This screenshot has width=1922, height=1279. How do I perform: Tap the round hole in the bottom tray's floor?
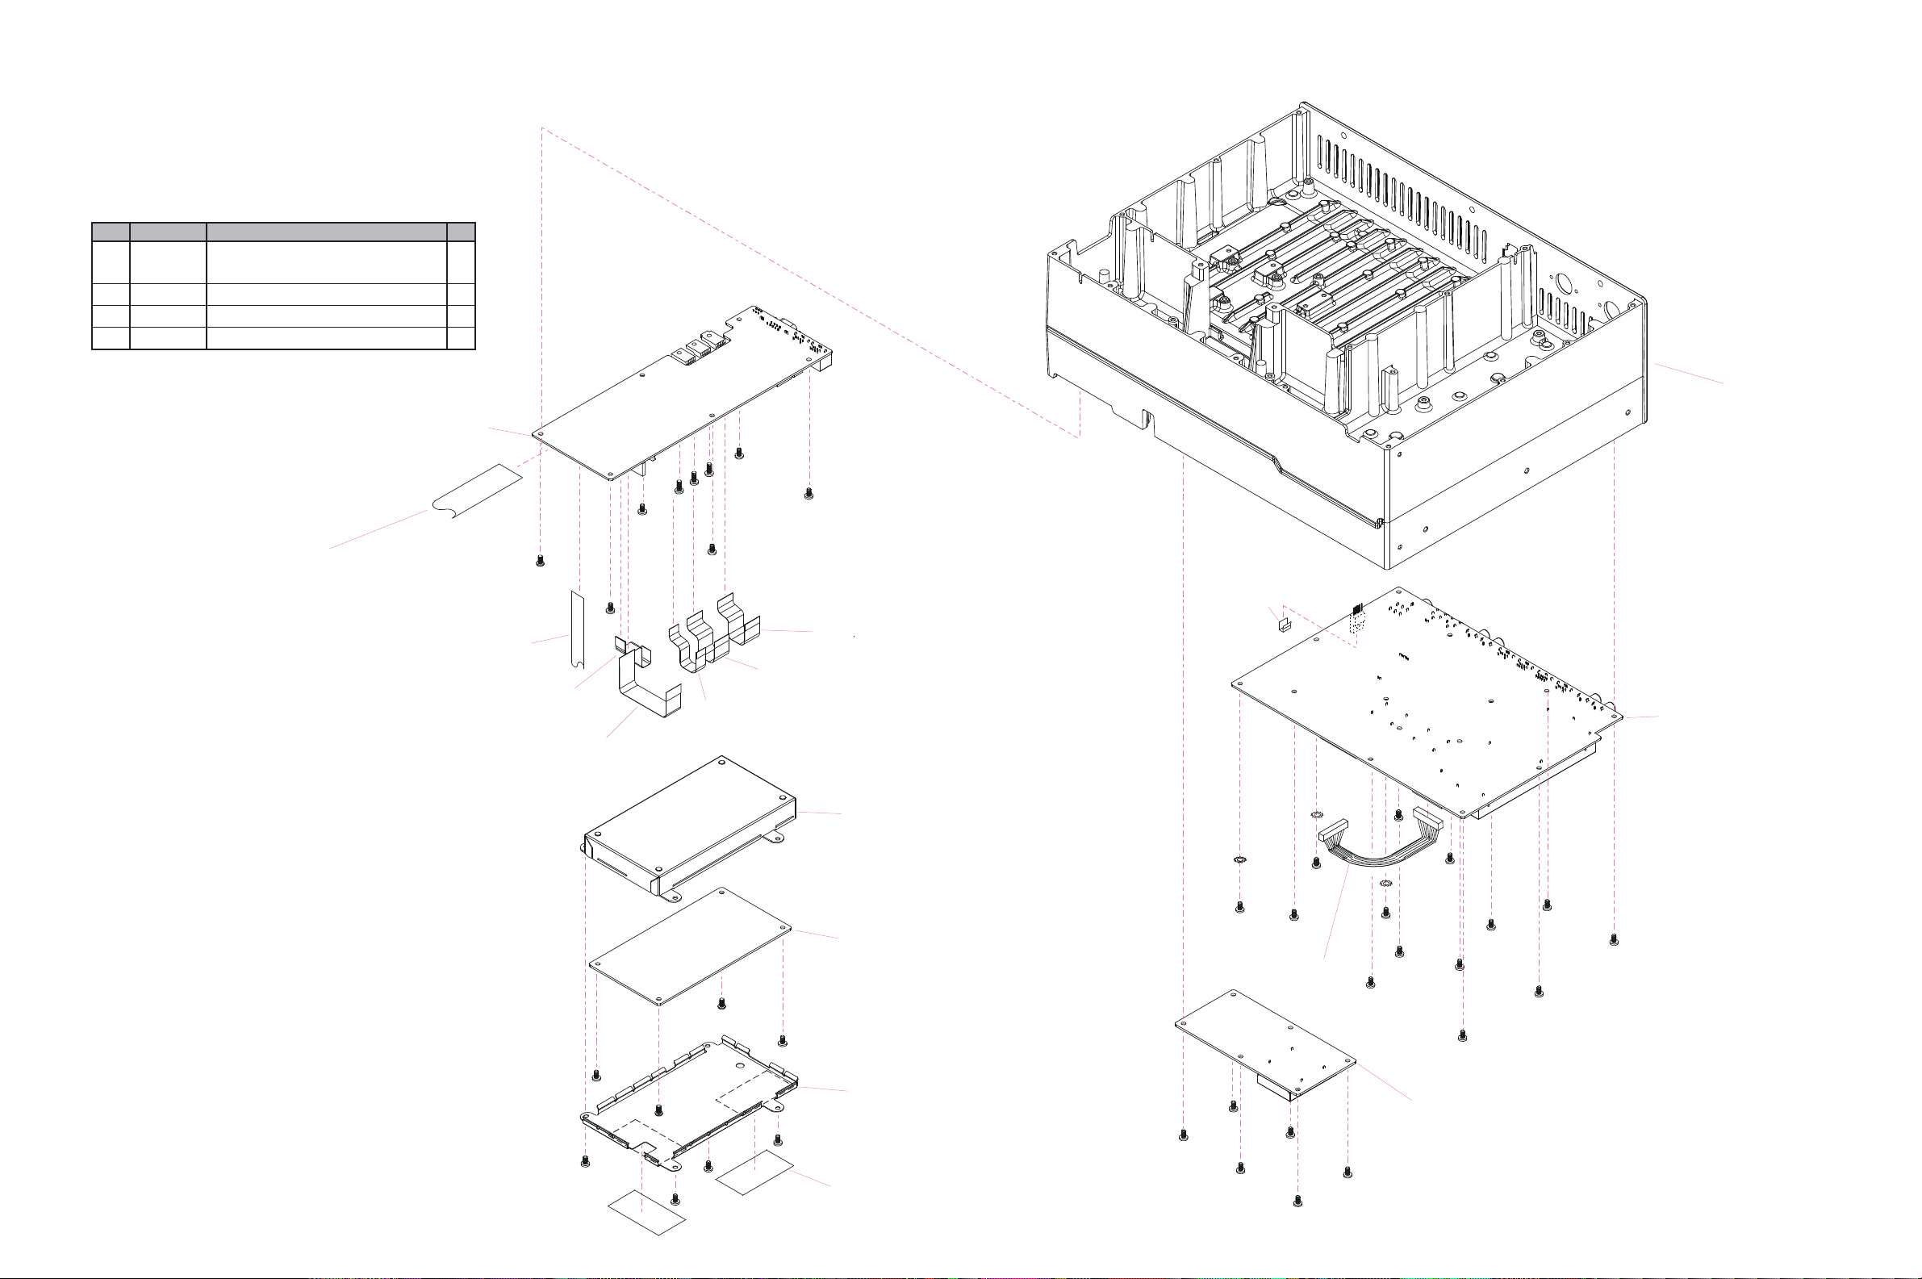pos(739,1065)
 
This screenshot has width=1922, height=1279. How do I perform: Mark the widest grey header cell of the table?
pos(326,231)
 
